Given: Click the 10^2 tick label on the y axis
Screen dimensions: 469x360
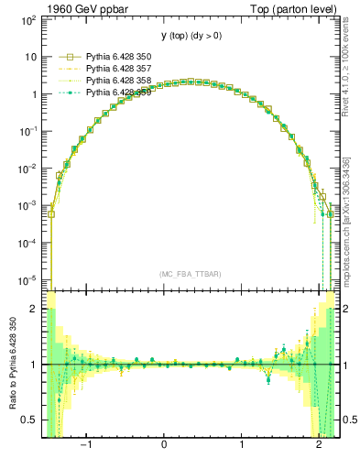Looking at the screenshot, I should click(x=29, y=19).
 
